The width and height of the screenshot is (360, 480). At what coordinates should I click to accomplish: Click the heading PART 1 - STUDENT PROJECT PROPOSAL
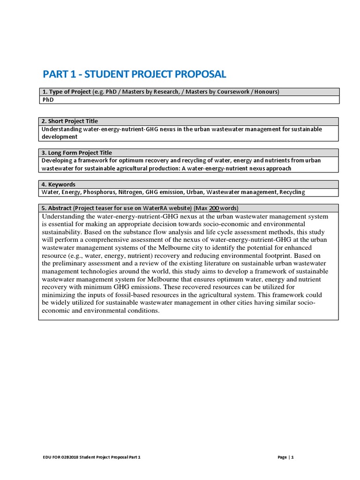click(x=134, y=74)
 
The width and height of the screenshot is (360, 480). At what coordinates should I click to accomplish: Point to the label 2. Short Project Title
click(x=70, y=121)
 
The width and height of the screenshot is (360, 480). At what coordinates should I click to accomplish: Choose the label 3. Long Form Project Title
click(x=77, y=153)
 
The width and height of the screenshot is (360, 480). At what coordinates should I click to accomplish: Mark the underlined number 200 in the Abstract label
click(x=214, y=208)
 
